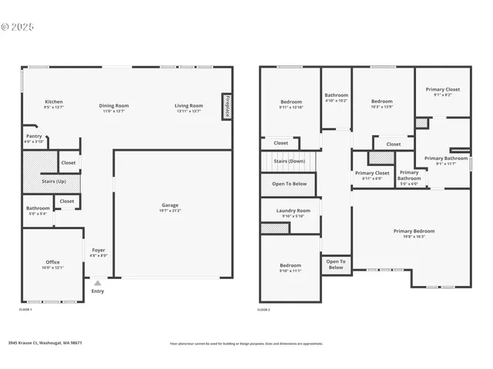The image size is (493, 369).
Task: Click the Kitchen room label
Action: (x=53, y=102)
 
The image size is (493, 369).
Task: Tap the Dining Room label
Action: (x=113, y=105)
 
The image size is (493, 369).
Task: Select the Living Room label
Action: (x=188, y=105)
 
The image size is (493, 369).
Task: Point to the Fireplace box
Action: (x=226, y=106)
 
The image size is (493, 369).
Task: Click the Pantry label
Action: (x=34, y=136)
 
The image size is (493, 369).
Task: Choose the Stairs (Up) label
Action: (x=53, y=181)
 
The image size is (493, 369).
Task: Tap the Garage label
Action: (x=170, y=205)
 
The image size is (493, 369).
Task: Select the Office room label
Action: (x=52, y=262)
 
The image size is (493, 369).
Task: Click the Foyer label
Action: (x=99, y=250)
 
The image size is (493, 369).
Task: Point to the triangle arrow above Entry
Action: (x=97, y=283)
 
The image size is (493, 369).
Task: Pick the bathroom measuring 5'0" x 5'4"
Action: (x=38, y=208)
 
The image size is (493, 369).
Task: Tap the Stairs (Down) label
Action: (x=290, y=161)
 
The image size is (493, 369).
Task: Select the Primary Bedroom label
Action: (x=414, y=231)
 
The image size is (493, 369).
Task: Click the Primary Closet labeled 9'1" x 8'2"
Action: (x=442, y=90)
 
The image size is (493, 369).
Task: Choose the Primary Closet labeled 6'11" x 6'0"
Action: (x=373, y=174)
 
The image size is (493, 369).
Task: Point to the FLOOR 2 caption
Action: (x=263, y=309)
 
